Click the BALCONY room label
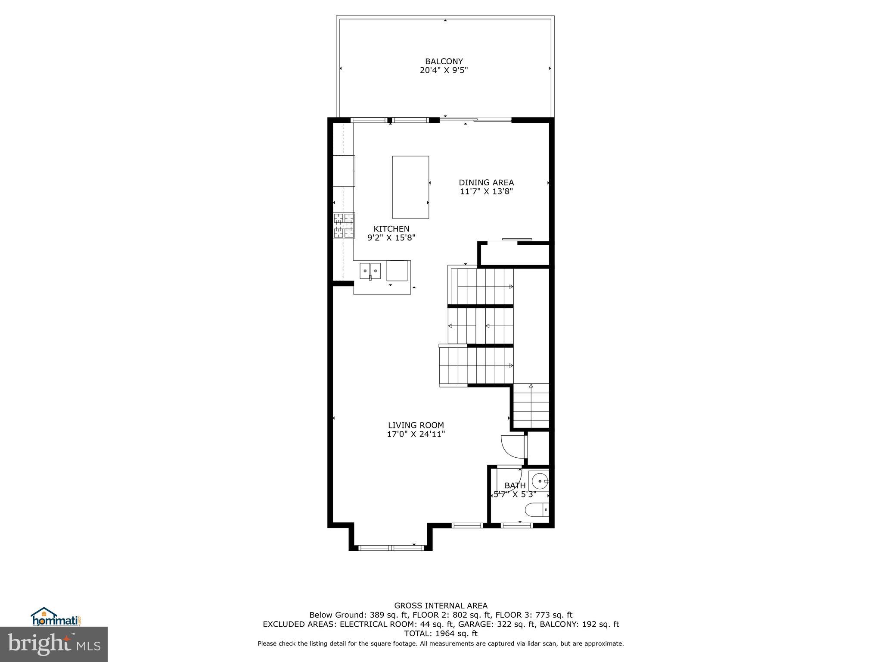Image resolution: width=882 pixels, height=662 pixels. click(x=444, y=62)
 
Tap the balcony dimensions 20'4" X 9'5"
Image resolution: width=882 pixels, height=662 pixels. click(x=444, y=70)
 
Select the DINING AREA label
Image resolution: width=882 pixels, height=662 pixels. click(x=486, y=183)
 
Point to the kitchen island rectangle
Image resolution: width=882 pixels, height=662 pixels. click(x=410, y=187)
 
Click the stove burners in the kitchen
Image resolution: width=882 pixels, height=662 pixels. click(x=344, y=226)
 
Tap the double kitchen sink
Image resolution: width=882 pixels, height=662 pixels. click(x=370, y=271)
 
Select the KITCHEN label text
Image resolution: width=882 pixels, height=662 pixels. click(x=391, y=229)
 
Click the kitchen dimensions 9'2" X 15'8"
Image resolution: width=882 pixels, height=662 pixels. click(x=391, y=237)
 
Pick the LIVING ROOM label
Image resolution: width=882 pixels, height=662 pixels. click(x=416, y=425)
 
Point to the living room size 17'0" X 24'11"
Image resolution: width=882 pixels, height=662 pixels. click(x=416, y=434)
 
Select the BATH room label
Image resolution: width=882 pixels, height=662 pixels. click(x=515, y=486)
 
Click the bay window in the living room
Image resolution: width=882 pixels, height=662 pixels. click(x=391, y=548)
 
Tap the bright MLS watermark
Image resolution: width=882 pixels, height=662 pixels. click(x=53, y=644)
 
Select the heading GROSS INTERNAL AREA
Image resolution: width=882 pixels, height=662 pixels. click(x=441, y=606)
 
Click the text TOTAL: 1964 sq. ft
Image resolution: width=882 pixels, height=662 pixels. click(x=441, y=634)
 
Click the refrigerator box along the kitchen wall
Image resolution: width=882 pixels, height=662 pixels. click(x=344, y=171)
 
